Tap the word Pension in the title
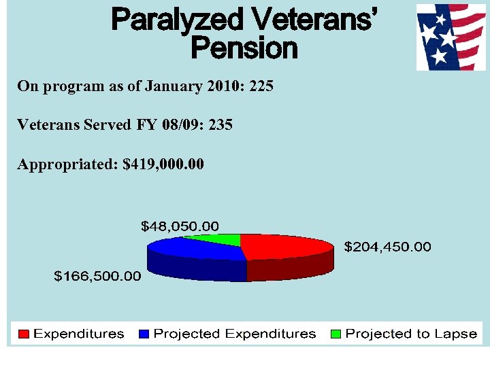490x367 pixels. (x=244, y=48)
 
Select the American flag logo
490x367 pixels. (x=446, y=37)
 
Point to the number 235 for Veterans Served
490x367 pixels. (x=220, y=125)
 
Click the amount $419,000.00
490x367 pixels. (x=163, y=164)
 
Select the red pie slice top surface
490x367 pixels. (x=286, y=246)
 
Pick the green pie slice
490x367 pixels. (x=218, y=239)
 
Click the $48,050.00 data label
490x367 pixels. (x=180, y=226)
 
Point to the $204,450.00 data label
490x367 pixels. (x=387, y=247)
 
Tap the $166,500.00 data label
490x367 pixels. (x=98, y=276)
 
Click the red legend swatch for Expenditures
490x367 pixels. (x=24, y=334)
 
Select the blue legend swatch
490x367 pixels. (x=144, y=334)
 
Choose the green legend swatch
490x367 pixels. (x=336, y=334)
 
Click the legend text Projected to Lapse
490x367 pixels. (x=411, y=334)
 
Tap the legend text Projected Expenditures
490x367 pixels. (x=235, y=334)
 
